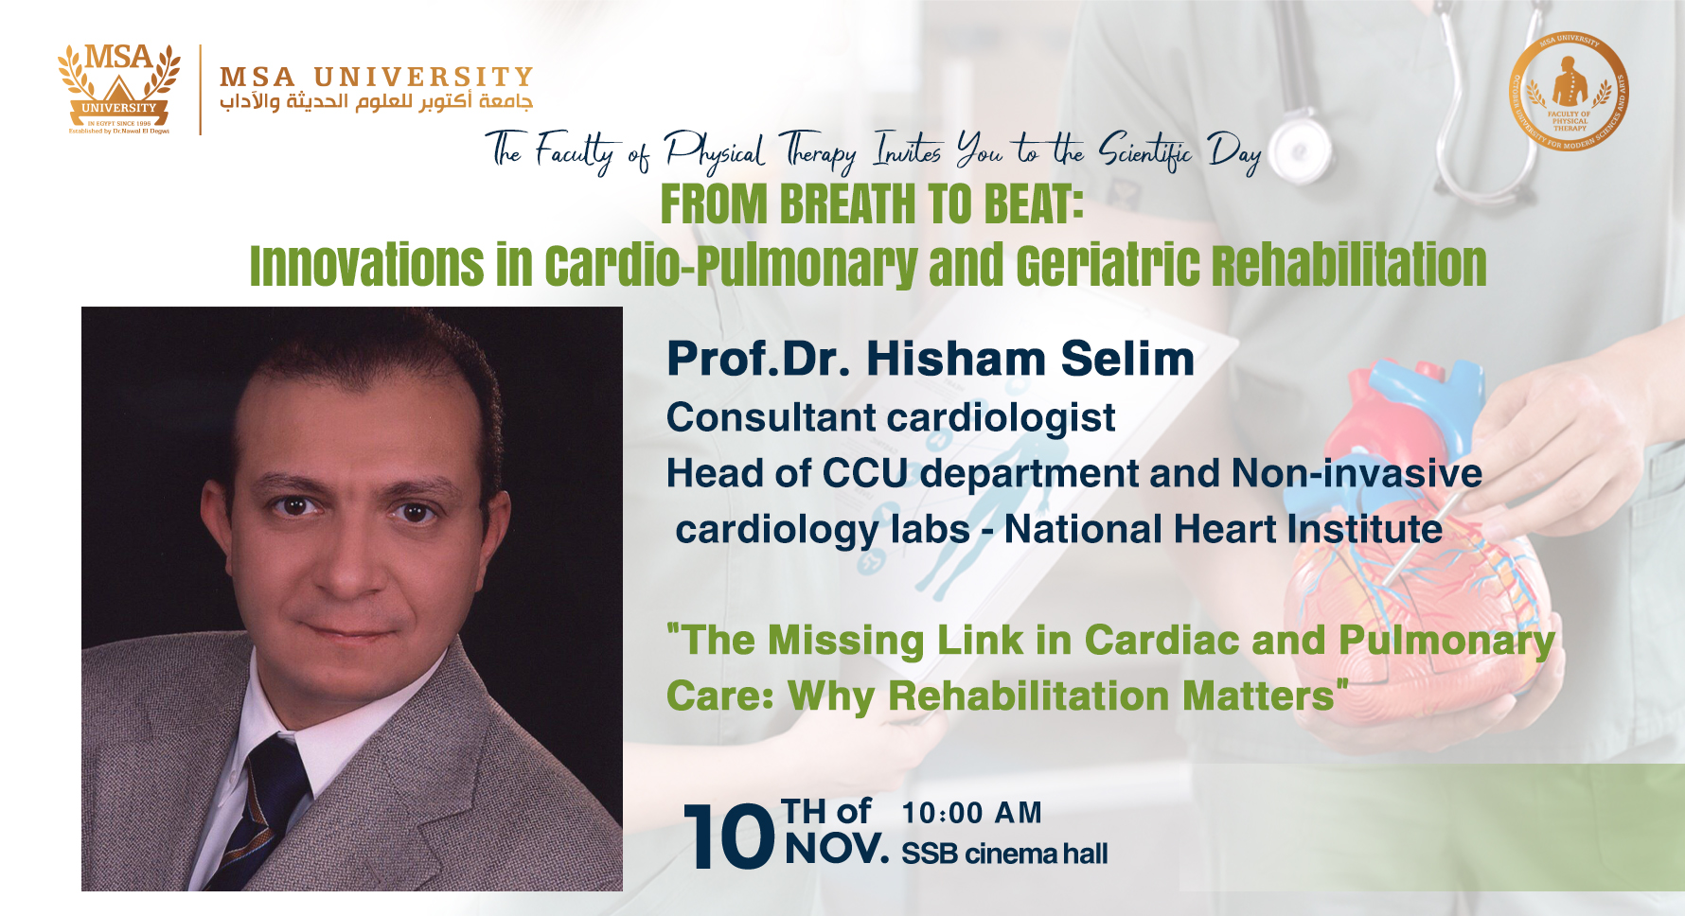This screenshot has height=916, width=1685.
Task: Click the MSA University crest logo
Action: tap(118, 88)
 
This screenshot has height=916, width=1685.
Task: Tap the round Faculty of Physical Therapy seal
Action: tap(1569, 92)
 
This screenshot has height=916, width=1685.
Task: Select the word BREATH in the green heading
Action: tap(848, 204)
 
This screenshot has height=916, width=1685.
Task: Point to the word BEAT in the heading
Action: tap(1032, 204)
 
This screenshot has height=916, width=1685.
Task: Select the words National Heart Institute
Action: tap(1223, 530)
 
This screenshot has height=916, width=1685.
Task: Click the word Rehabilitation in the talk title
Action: tap(1028, 696)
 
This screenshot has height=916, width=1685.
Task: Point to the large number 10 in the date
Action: tap(727, 837)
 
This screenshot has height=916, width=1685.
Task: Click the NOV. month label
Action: tap(837, 850)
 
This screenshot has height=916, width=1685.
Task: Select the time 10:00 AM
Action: tap(971, 813)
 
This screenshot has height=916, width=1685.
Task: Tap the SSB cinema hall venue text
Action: tap(1004, 854)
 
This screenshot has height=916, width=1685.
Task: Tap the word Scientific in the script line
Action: tap(1144, 151)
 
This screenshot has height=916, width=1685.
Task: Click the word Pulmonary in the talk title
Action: tap(1446, 641)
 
